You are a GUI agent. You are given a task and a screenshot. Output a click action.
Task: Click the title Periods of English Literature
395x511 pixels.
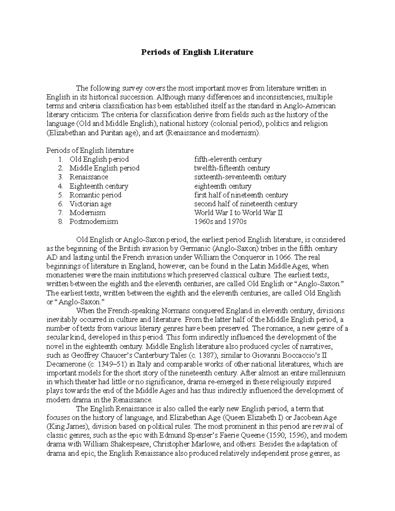197,52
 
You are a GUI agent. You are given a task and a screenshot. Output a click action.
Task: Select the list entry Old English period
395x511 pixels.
99,159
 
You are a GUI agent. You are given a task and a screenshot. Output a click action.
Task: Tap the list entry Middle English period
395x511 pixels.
104,168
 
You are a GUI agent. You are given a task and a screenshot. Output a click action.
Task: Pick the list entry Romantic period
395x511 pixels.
95,195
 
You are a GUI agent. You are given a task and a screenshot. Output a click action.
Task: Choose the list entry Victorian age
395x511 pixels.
90,204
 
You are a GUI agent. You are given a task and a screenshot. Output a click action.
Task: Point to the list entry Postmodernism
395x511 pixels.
93,221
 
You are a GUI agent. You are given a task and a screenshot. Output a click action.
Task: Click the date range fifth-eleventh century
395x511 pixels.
228,159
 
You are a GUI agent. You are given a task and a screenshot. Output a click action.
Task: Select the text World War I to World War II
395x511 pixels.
238,213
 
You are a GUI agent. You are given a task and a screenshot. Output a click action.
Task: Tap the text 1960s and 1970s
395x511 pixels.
220,221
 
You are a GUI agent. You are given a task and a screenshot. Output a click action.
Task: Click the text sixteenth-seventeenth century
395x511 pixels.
240,177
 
